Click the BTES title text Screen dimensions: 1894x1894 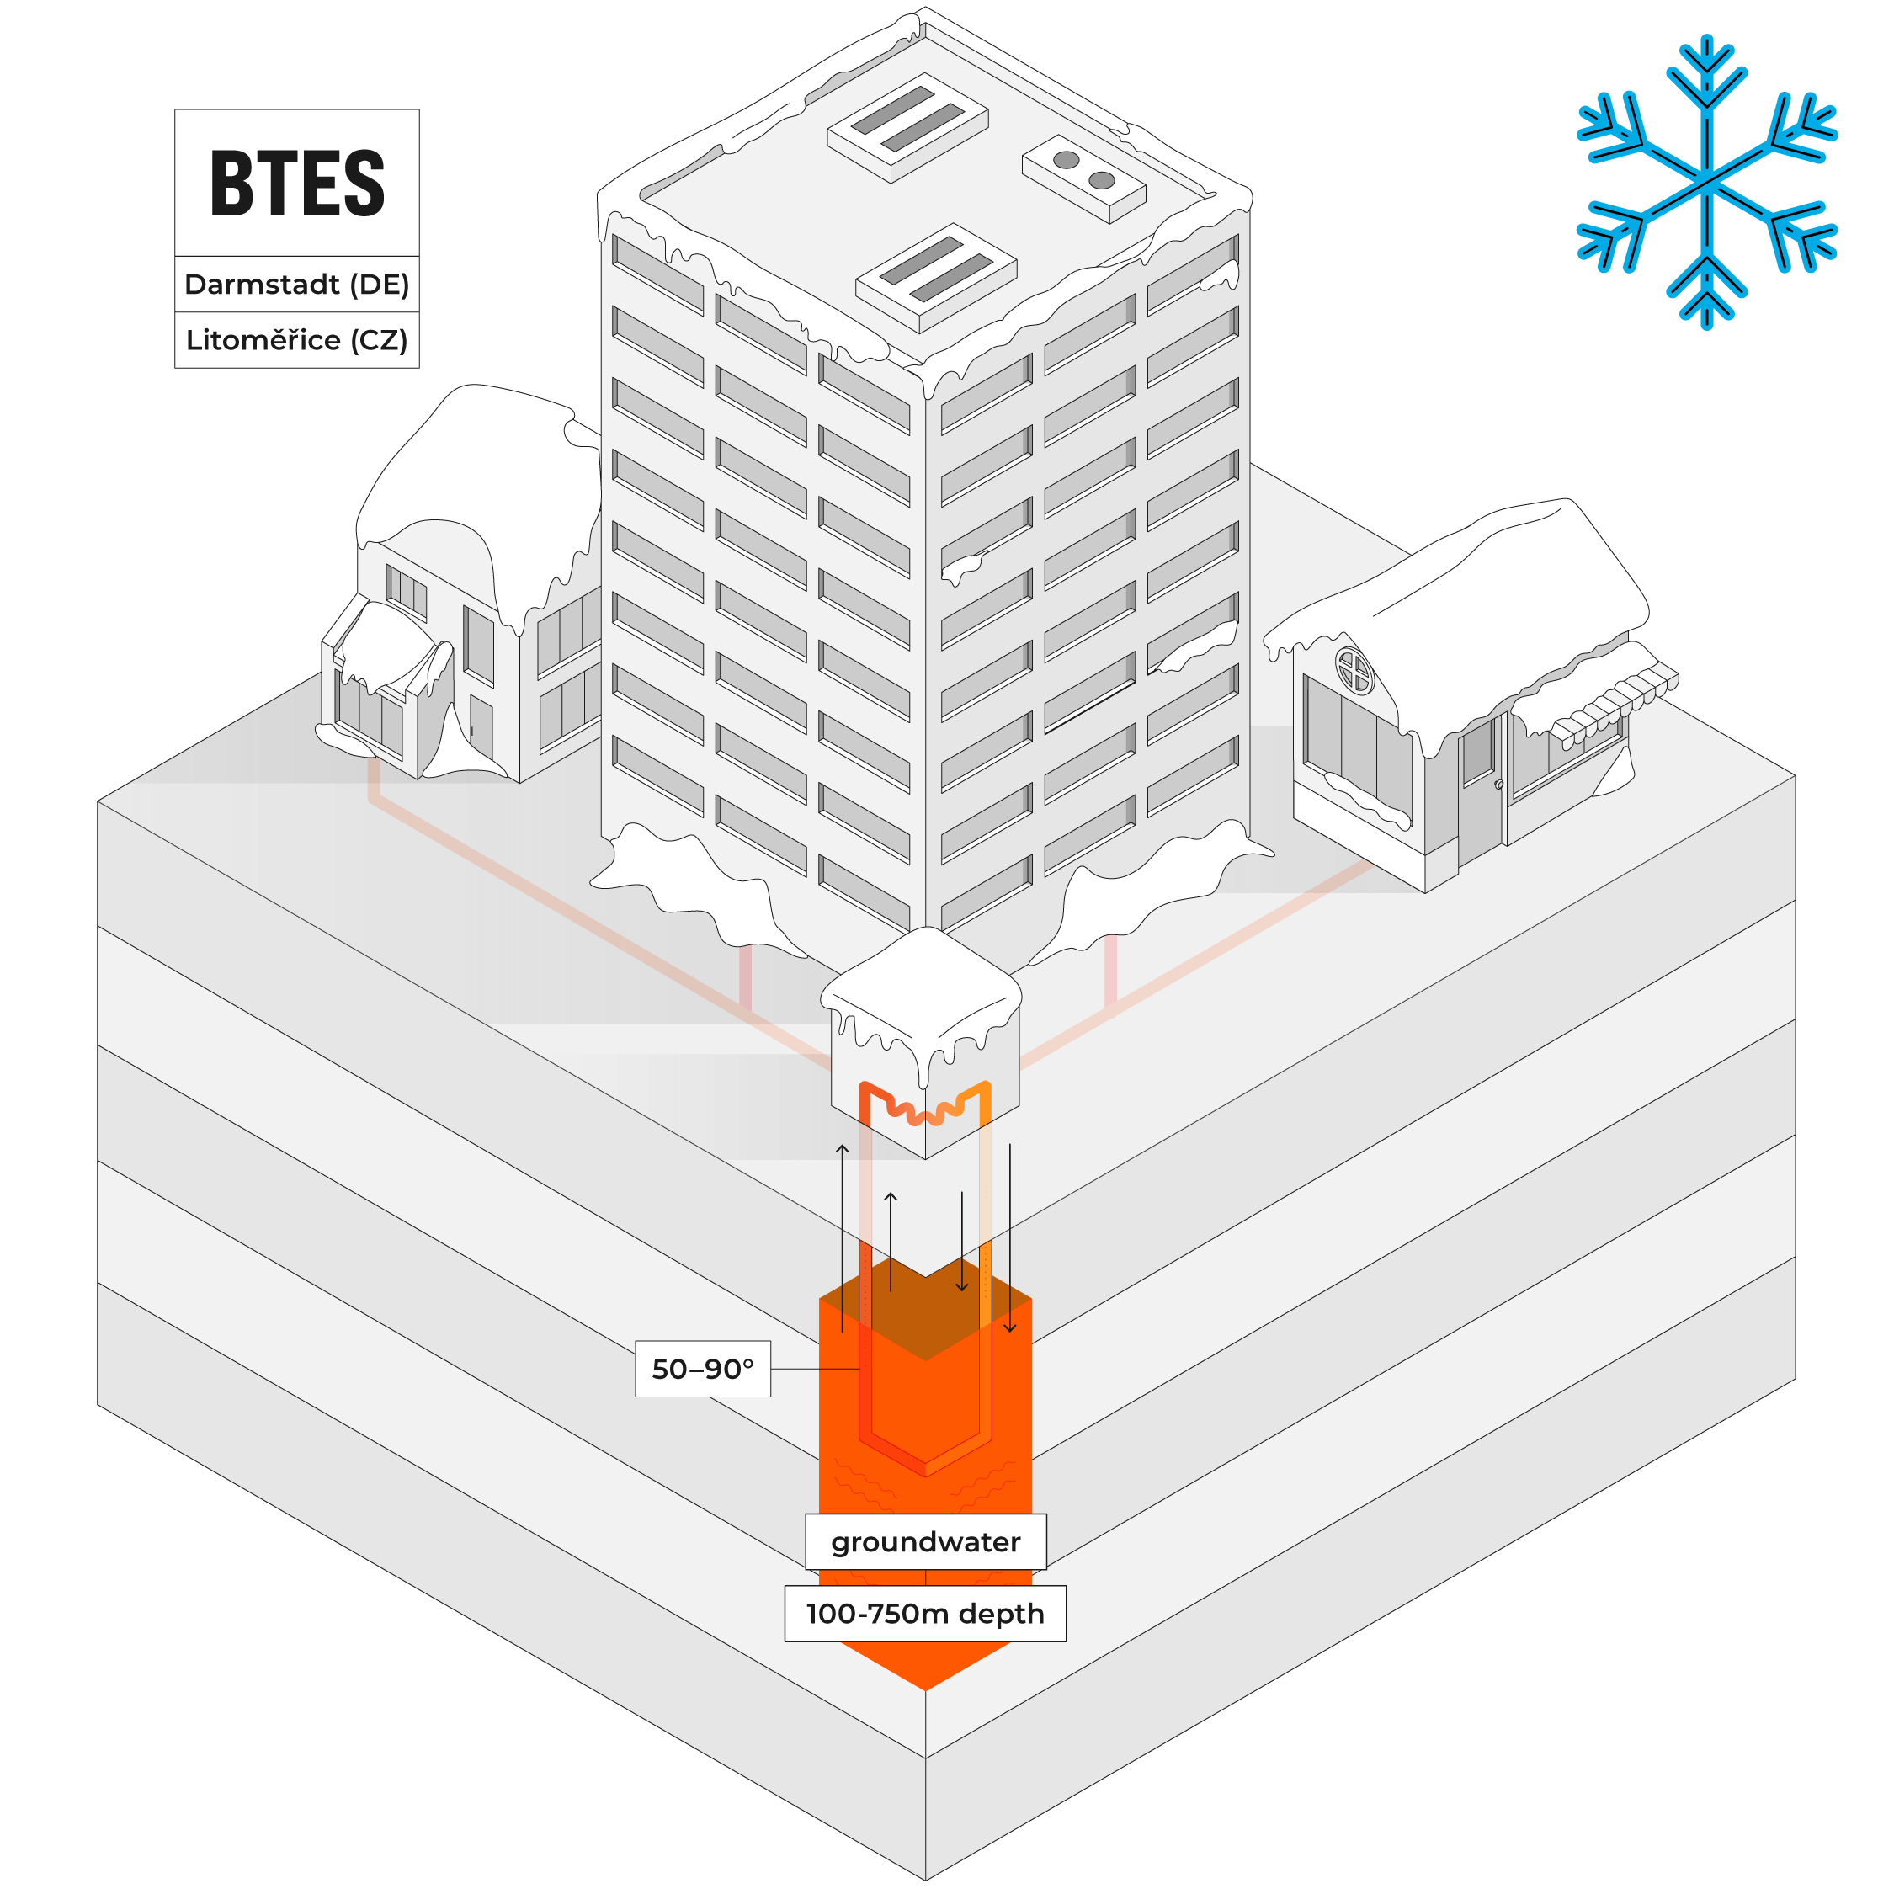297,184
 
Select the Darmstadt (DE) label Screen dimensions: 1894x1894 297,285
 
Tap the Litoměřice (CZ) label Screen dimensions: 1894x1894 297,339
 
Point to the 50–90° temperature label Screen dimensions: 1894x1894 703,1369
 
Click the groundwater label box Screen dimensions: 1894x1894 925,1542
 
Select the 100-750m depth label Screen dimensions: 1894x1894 925,1614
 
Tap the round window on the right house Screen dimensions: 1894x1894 1354,672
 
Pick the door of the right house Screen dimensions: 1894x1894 1481,790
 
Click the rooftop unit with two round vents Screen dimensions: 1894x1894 1083,178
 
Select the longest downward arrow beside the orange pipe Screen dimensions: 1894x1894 1010,1237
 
